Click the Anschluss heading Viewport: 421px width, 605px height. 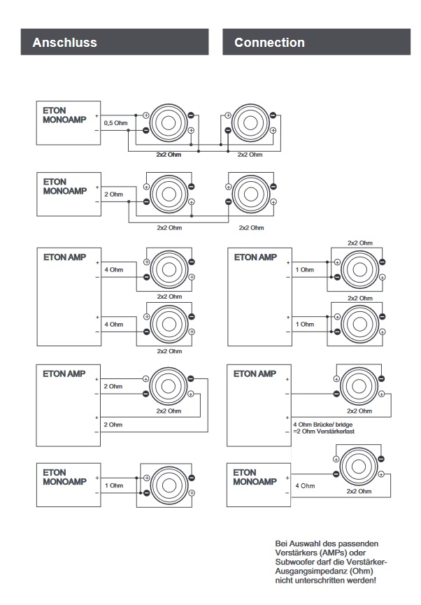[64, 43]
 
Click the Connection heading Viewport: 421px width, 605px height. [269, 43]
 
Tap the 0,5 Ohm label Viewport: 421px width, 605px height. [115, 123]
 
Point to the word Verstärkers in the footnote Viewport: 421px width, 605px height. [301, 552]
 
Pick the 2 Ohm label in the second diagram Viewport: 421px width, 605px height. [113, 194]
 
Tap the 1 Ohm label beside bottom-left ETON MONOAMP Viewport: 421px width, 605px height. [113, 485]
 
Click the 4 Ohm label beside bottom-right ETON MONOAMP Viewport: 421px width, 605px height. [306, 485]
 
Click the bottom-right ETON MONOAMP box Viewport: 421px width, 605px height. [258, 485]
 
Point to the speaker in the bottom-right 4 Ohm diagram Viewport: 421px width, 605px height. [359, 471]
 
